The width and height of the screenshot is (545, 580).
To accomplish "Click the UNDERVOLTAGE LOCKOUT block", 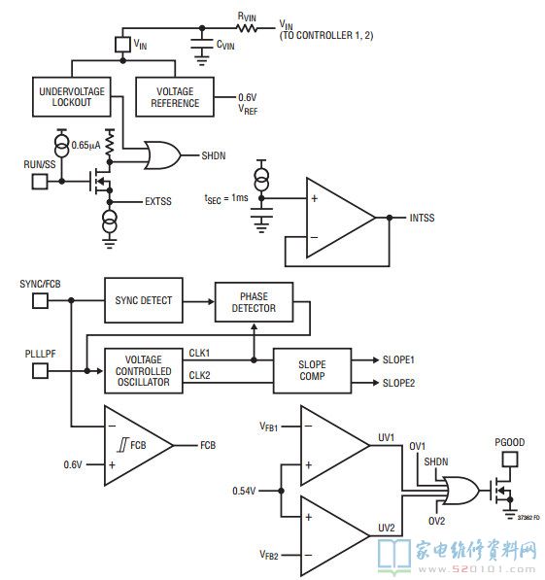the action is pyautogui.click(x=72, y=97).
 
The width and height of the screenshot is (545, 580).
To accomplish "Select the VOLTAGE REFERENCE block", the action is pyautogui.click(x=175, y=97).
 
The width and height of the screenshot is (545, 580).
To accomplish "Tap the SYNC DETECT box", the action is pyautogui.click(x=144, y=300).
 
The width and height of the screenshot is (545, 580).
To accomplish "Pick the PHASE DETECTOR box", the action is pyautogui.click(x=255, y=302).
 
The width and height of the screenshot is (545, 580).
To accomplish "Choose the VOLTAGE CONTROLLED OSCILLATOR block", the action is pyautogui.click(x=144, y=371).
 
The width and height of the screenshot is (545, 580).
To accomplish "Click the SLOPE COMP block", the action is pyautogui.click(x=312, y=371).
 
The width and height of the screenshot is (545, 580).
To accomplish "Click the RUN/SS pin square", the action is pyautogui.click(x=40, y=182).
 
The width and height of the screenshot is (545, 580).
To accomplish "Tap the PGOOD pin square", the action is pyautogui.click(x=510, y=460).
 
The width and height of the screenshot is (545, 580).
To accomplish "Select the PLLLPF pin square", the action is pyautogui.click(x=40, y=371).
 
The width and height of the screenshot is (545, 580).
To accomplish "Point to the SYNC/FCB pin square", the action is pyautogui.click(x=40, y=301).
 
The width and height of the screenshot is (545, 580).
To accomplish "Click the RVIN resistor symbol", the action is pyautogui.click(x=247, y=28).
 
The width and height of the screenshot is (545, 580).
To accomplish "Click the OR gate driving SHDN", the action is pyautogui.click(x=162, y=155).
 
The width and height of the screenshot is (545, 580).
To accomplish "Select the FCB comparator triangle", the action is pyautogui.click(x=138, y=445).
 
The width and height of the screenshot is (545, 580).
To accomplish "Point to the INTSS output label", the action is pyautogui.click(x=423, y=218).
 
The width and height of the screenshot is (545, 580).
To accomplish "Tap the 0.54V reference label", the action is pyautogui.click(x=244, y=491).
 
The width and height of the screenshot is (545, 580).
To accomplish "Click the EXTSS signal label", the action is pyautogui.click(x=158, y=202).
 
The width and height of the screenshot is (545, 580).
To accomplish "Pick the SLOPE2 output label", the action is pyautogui.click(x=398, y=383).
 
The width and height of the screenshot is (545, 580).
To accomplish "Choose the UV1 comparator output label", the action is pyautogui.click(x=387, y=437).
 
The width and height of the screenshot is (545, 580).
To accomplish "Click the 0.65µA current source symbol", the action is pyautogui.click(x=62, y=143).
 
